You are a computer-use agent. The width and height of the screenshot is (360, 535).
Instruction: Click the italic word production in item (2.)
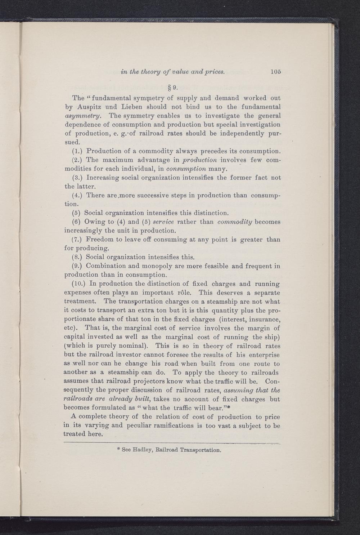coord(200,160)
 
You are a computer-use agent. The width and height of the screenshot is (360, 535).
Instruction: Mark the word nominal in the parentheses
coord(133,346)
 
